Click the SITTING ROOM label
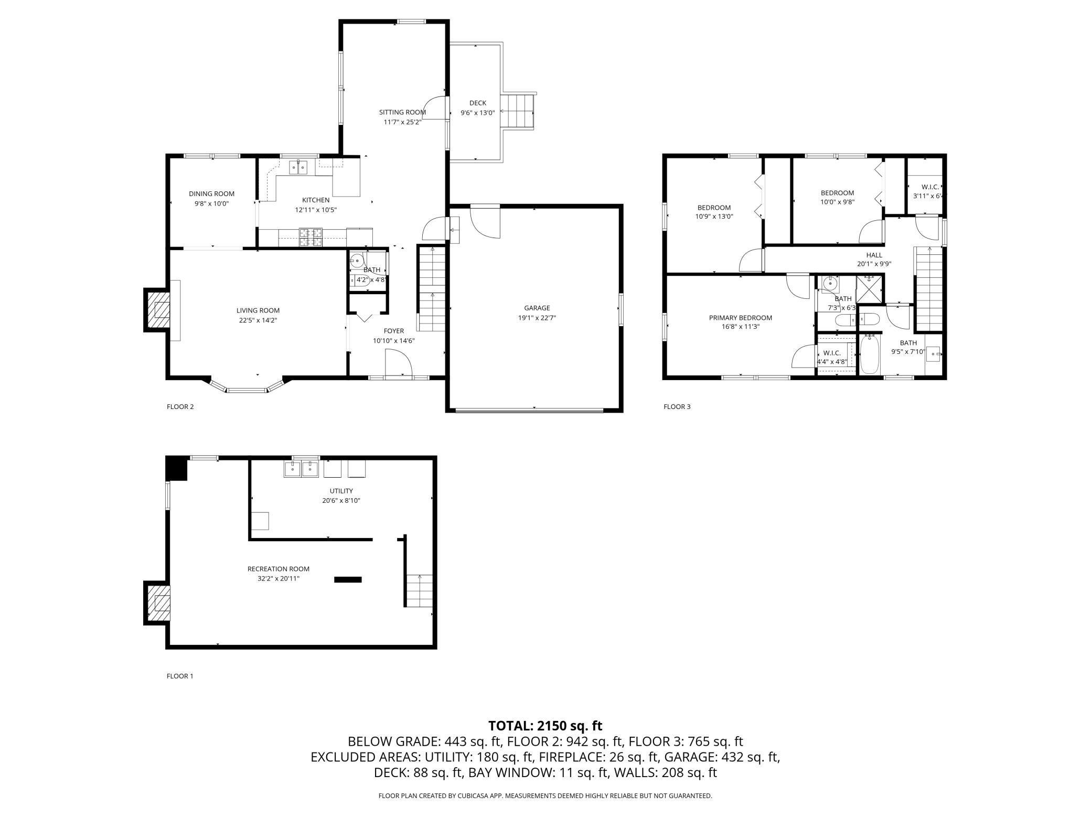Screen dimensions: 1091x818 (402, 112)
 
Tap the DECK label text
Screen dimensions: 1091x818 (477, 103)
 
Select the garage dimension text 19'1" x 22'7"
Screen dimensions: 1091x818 (537, 318)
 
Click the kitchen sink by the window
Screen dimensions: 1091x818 (298, 167)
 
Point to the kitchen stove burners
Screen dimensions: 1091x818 (312, 237)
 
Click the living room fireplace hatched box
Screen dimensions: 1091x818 (158, 310)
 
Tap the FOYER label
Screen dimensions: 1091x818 (393, 331)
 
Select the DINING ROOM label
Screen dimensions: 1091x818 (211, 194)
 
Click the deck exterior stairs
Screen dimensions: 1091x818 (517, 111)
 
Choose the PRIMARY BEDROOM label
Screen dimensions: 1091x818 (740, 318)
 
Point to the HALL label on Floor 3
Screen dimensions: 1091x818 (874, 255)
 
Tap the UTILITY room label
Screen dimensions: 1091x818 (341, 491)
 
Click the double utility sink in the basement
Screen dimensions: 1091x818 (302, 469)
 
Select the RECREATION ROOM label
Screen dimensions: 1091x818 (278, 569)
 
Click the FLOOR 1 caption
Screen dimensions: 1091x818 (180, 676)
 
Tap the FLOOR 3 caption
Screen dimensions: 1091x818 (677, 406)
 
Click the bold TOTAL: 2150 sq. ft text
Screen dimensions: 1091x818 (545, 726)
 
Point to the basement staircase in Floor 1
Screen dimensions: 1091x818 (419, 590)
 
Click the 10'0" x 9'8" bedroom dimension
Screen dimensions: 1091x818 (837, 202)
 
